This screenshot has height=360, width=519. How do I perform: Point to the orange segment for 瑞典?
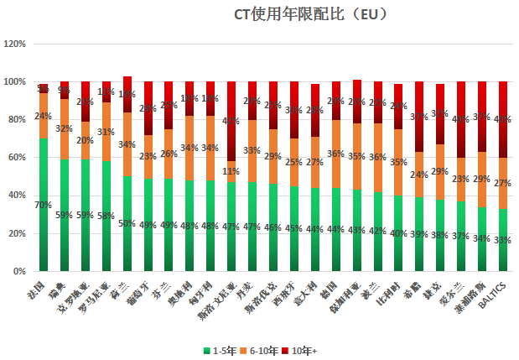[65, 129]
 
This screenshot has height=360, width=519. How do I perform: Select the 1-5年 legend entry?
[220, 347]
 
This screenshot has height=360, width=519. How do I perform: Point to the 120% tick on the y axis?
[16, 44]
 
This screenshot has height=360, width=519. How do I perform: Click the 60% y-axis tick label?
[18, 158]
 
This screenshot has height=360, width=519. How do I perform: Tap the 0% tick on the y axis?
[21, 272]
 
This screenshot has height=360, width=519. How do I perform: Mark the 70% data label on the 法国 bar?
[44, 205]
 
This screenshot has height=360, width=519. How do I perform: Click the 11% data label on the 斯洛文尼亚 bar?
[232, 172]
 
